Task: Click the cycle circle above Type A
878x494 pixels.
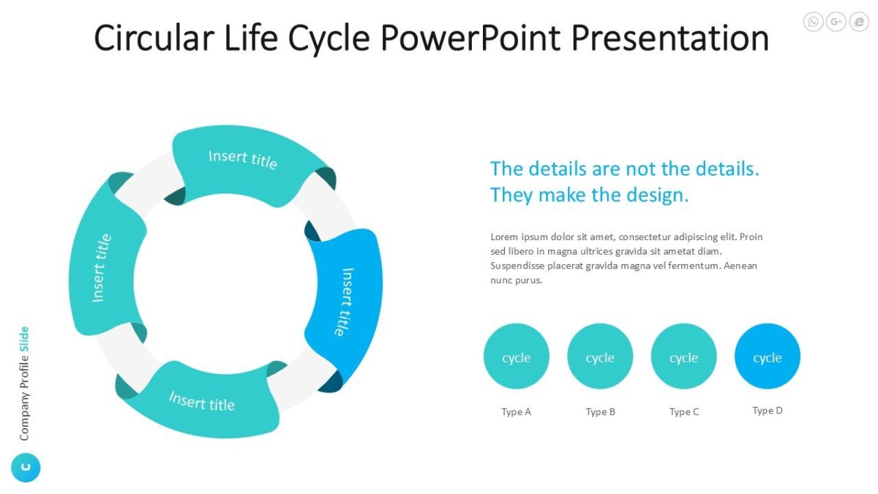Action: coord(517,356)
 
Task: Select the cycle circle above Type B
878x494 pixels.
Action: coord(600,356)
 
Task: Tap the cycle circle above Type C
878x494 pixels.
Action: coord(683,356)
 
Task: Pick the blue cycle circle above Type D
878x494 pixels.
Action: coord(768,356)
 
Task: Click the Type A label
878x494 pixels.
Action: coord(517,412)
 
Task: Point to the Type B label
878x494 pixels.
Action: coord(600,412)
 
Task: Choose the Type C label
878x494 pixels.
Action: coord(684,412)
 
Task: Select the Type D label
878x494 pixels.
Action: coord(768,411)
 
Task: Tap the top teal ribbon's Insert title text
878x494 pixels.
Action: coord(243,159)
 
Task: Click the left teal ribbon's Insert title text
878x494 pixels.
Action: coord(102,268)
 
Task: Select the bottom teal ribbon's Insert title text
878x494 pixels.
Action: coord(202,401)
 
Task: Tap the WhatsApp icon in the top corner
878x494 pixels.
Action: coord(813,22)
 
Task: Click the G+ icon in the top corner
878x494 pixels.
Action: coord(836,22)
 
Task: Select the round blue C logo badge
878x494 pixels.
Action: coord(26,468)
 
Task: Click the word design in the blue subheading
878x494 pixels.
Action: coord(656,195)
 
